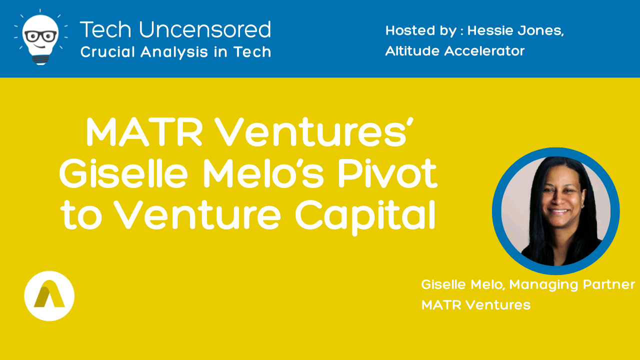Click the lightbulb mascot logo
[40, 37]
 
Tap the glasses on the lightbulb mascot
[40, 36]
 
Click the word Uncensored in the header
[205, 29]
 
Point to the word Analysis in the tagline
[174, 51]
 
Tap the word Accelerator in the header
[484, 51]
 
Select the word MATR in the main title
[144, 132]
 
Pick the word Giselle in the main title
[123, 173]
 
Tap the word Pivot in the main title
[387, 173]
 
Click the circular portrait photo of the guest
[555, 211]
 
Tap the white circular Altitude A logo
[49, 296]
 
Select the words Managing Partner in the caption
[572, 285]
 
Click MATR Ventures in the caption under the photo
[476, 305]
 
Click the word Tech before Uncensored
[105, 29]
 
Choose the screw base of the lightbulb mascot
[40, 59]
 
